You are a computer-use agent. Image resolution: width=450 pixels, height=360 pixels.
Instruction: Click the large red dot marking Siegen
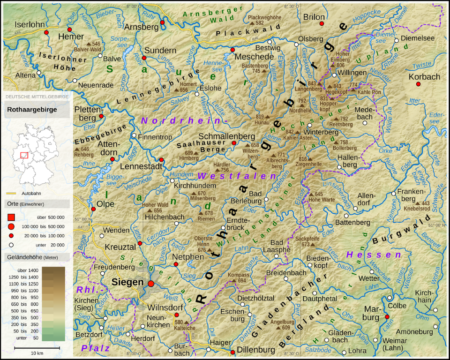click(150, 284)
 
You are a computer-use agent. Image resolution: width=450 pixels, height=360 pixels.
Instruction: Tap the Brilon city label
click(314, 17)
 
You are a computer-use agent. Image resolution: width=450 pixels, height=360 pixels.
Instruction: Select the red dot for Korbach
click(418, 84)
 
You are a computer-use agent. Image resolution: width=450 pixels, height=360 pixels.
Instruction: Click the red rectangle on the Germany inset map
click(24, 155)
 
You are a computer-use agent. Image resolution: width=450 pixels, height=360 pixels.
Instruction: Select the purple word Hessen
click(374, 255)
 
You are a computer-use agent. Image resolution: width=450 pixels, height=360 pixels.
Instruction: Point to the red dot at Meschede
click(232, 50)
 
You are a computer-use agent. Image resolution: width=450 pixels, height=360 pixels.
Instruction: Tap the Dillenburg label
click(255, 350)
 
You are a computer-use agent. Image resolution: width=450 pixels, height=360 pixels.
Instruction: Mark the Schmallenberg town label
click(226, 135)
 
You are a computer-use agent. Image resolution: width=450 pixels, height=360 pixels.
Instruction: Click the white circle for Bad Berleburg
click(266, 199)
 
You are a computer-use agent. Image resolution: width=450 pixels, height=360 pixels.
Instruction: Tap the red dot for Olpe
click(93, 209)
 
